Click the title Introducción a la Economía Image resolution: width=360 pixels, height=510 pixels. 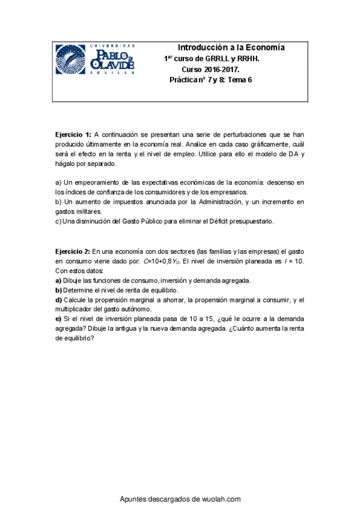[x=231, y=48]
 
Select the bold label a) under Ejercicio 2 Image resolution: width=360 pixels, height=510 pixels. [x=58, y=281]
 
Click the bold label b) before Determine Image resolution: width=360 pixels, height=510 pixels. [x=58, y=290]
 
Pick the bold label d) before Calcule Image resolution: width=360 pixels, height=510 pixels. [x=58, y=300]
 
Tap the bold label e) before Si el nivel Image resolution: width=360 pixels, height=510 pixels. [x=58, y=319]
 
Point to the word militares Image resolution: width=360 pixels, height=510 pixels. [x=88, y=212]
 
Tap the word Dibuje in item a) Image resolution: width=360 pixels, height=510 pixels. [x=74, y=281]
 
